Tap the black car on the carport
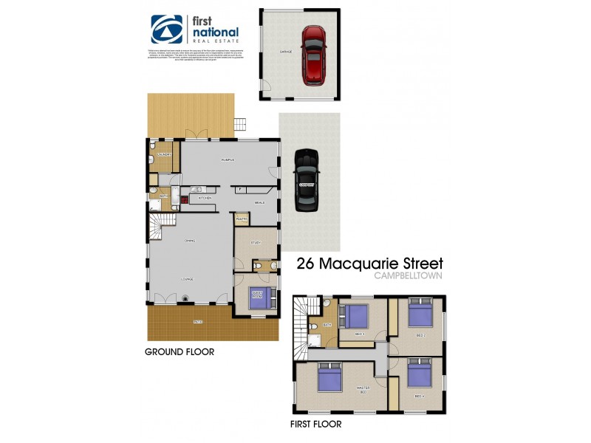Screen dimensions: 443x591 (x=306, y=179)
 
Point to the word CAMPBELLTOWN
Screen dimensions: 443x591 (x=409, y=276)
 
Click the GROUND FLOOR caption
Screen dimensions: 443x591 (x=180, y=352)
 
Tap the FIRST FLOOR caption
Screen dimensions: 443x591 (x=315, y=425)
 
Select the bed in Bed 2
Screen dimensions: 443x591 (x=420, y=315)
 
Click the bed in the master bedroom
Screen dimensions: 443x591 (x=329, y=378)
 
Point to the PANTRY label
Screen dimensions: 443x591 (x=241, y=219)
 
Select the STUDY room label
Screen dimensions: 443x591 (x=256, y=242)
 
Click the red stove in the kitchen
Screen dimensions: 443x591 (x=184, y=199)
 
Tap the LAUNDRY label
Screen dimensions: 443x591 (x=164, y=155)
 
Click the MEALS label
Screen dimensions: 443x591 (x=259, y=202)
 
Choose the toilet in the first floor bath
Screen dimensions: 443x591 (x=314, y=326)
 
